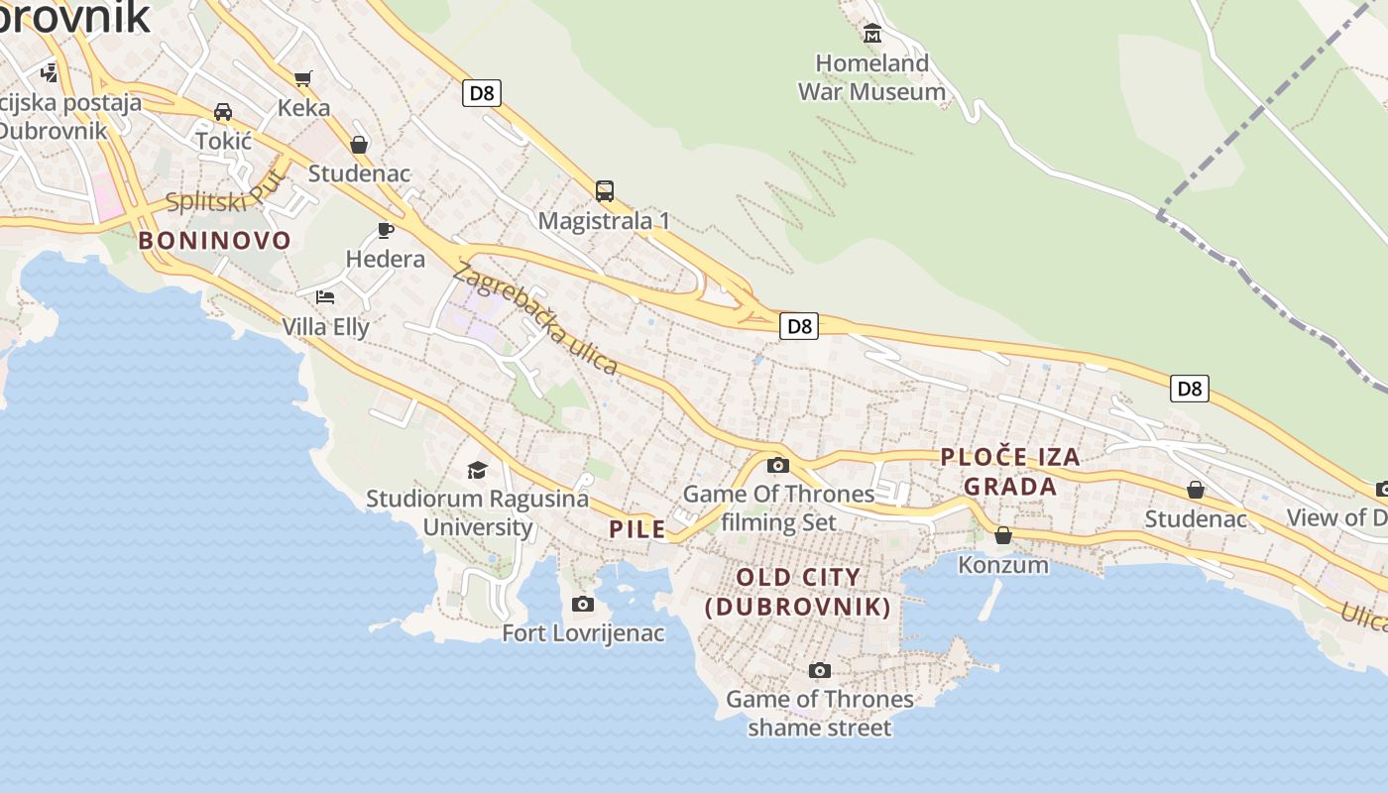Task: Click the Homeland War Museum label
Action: (871, 77)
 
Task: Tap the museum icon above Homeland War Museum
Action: (872, 34)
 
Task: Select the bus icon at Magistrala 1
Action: (604, 190)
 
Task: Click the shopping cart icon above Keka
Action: (303, 77)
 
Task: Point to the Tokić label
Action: (224, 141)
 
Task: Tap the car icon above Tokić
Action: (223, 111)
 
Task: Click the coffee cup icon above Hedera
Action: (386, 230)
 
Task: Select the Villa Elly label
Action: (325, 327)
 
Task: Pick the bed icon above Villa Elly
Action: (325, 296)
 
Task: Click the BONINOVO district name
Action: (215, 240)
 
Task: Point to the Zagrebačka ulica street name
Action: (535, 318)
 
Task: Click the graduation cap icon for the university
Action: (478, 469)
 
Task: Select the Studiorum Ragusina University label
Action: (478, 512)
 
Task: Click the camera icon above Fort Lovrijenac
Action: (583, 604)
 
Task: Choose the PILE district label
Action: (637, 529)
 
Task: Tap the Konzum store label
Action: (1003, 565)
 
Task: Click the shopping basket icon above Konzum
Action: (1003, 535)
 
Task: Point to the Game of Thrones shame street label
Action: (820, 714)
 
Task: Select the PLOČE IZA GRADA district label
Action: (1010, 472)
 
